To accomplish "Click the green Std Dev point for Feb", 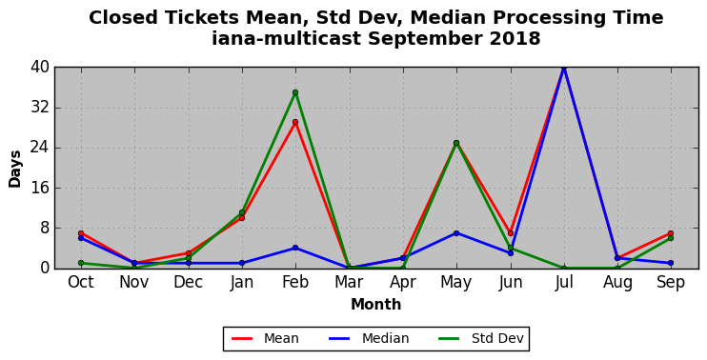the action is click(x=295, y=92).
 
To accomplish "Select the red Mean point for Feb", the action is click(x=295, y=122).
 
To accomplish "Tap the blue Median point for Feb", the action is click(x=295, y=248).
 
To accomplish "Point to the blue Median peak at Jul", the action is click(x=564, y=68).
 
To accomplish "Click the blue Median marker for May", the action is click(x=456, y=233).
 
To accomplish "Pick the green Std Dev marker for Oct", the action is click(x=81, y=263).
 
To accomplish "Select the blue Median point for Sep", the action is click(x=671, y=263).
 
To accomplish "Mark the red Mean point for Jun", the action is click(x=511, y=233).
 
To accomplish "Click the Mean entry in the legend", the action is click(x=265, y=338).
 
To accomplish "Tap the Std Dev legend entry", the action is click(x=480, y=338).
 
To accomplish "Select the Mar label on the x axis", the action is click(x=349, y=283).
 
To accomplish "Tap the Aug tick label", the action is click(x=617, y=284).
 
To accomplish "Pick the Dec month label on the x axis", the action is click(x=188, y=283).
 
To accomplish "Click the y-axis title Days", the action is click(x=15, y=169).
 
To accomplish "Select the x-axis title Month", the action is click(x=376, y=305).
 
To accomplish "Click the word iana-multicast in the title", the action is click(x=286, y=39).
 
